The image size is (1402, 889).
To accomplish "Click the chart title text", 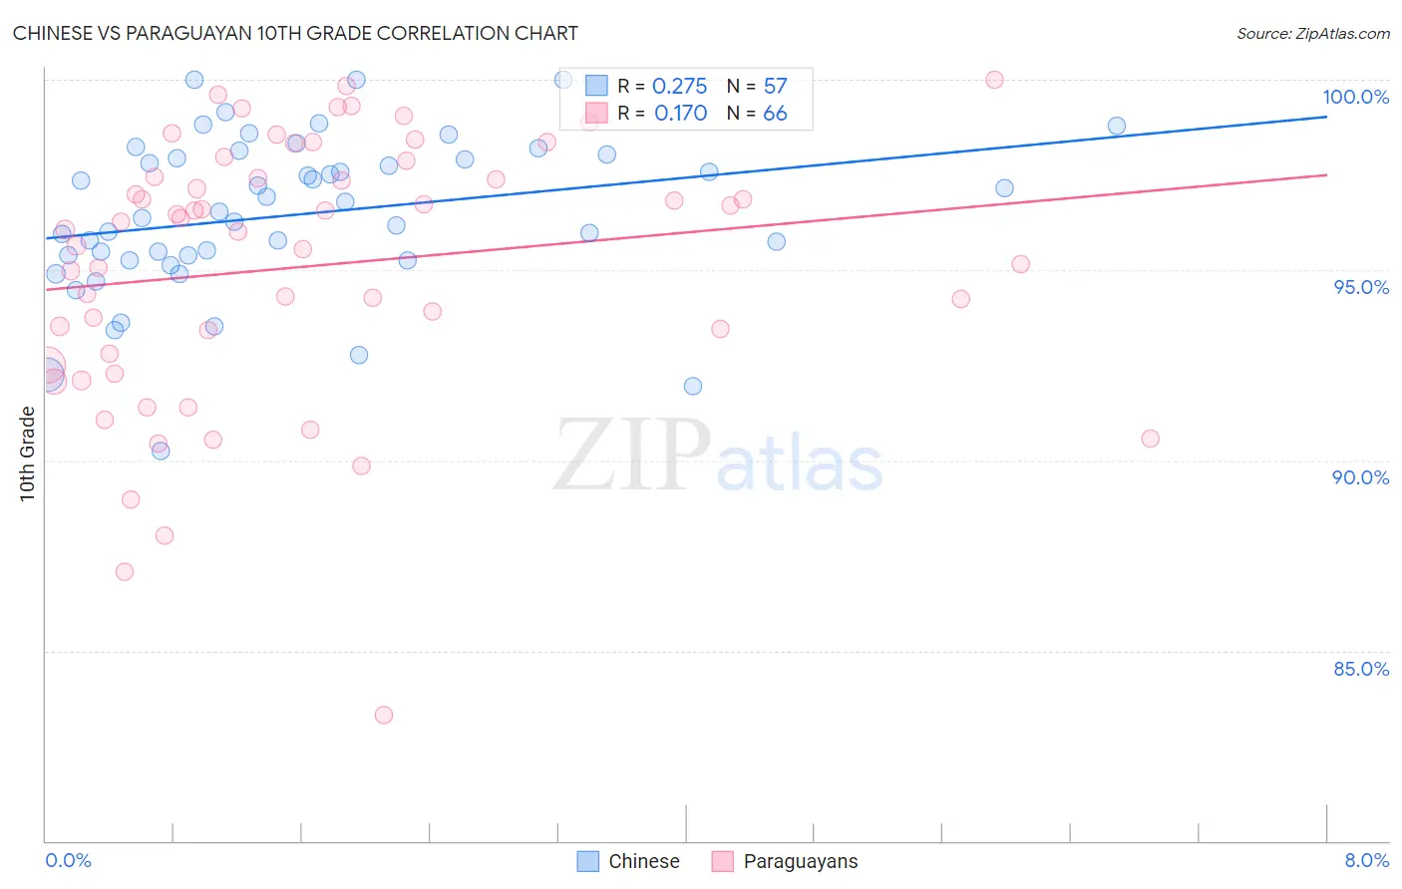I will [x=295, y=33].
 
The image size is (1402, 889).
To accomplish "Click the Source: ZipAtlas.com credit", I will [x=1312, y=33].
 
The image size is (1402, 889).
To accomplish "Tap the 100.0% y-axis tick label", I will [x=1355, y=97].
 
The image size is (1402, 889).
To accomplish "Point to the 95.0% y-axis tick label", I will [x=1361, y=287].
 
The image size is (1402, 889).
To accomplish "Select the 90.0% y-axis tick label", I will [x=1360, y=477].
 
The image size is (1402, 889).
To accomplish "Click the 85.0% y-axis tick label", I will [x=1361, y=669].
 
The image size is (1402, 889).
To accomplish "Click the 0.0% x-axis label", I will [x=68, y=860].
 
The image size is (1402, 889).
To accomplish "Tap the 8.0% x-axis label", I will [x=1366, y=860].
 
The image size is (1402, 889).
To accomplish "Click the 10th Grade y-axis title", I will [x=27, y=453].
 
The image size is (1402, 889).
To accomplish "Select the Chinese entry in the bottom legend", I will [x=643, y=861].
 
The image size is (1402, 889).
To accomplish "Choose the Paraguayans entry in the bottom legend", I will [x=800, y=861].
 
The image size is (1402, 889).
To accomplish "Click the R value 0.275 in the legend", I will [x=679, y=87].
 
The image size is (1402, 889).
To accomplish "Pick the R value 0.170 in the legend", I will [x=680, y=114].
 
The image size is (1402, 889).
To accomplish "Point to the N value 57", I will [x=775, y=87].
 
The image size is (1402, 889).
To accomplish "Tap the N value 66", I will [x=775, y=114].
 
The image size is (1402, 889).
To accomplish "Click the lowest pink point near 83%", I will [x=384, y=715].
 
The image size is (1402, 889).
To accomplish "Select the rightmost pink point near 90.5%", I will [x=1150, y=439].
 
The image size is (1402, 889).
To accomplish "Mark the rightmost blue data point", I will [x=1117, y=126].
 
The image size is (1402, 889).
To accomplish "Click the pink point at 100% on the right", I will [x=994, y=80].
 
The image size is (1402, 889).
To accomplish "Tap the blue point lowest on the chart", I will [x=161, y=450].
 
